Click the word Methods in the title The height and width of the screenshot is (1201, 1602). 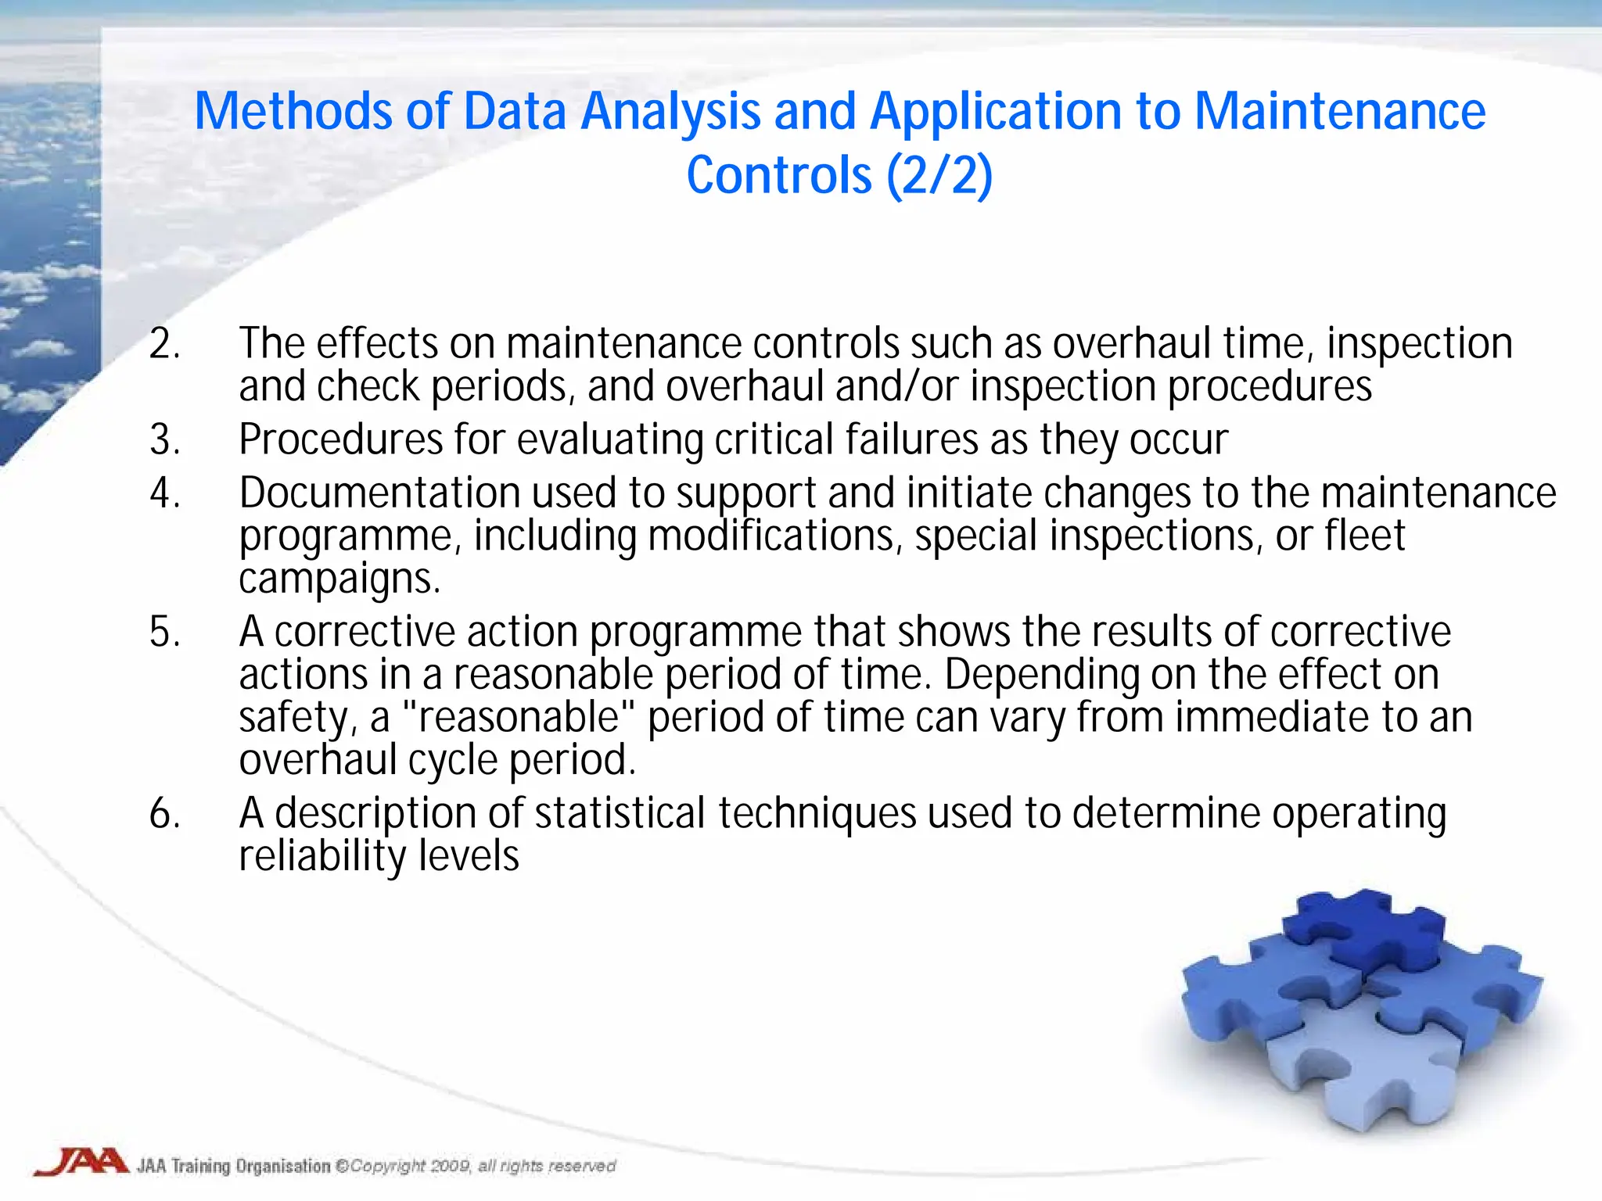tap(293, 111)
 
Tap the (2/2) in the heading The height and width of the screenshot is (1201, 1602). tap(939, 175)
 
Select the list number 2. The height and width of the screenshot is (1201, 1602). tap(165, 344)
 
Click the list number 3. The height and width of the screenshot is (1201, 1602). tap(165, 439)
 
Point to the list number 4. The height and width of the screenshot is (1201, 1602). tap(165, 493)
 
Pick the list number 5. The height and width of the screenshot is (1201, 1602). tap(165, 632)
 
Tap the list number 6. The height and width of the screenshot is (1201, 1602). tap(165, 813)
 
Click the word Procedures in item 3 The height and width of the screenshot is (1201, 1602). tap(341, 439)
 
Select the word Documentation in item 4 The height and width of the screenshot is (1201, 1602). tap(379, 493)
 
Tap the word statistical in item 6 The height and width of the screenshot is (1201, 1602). tap(620, 813)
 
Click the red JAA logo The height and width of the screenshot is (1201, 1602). tap(81, 1162)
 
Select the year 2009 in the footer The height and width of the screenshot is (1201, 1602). tap(449, 1167)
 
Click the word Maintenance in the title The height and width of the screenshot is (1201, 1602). tap(1339, 111)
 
